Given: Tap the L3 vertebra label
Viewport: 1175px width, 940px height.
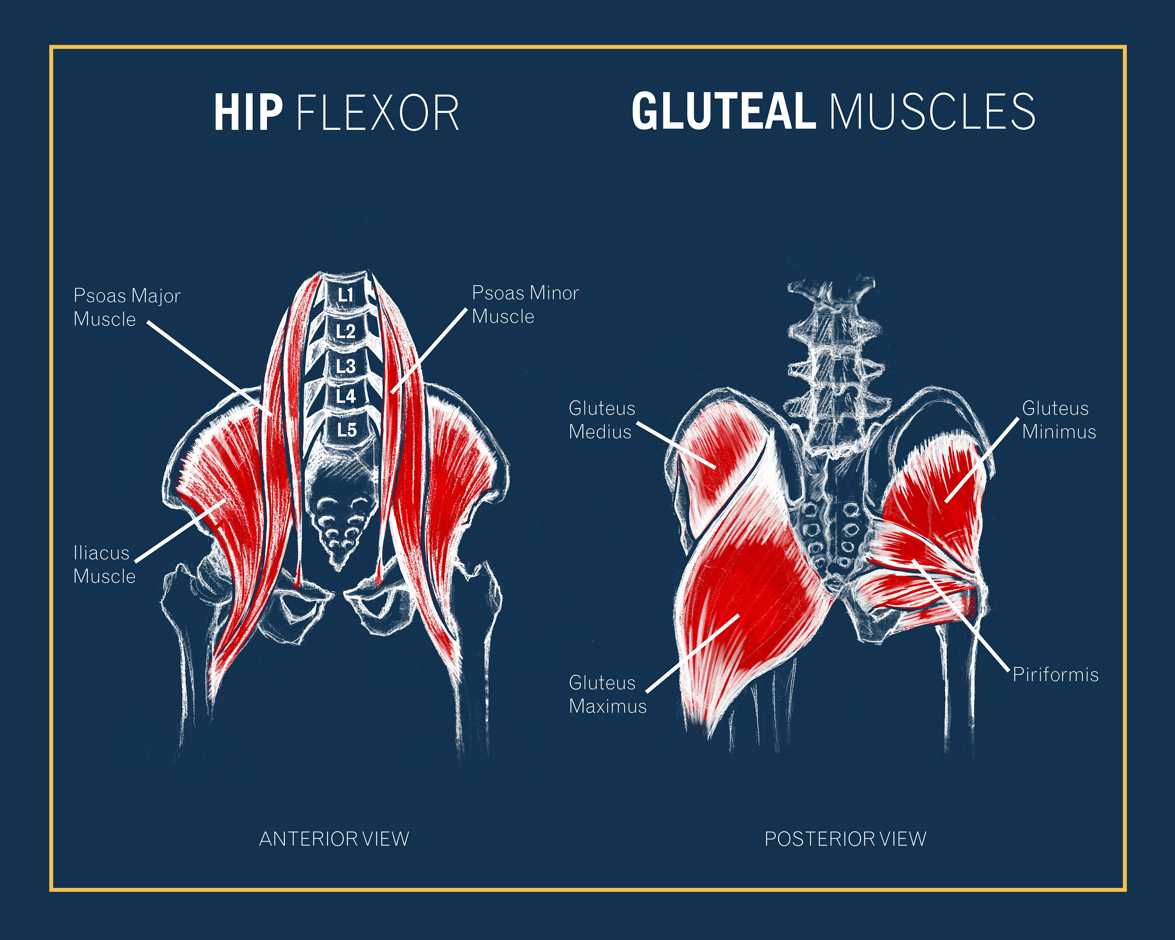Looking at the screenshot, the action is click(x=345, y=366).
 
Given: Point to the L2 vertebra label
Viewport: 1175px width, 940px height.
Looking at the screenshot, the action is click(x=345, y=331).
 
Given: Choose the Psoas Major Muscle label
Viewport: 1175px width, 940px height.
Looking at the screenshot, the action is click(x=126, y=307).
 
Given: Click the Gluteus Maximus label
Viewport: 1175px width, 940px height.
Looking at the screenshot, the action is click(x=607, y=694).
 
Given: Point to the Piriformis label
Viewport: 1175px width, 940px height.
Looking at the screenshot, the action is click(x=1055, y=675).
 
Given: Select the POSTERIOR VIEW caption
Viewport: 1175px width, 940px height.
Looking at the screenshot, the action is click(x=845, y=839).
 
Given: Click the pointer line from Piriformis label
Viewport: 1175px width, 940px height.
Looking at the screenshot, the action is click(x=962, y=616).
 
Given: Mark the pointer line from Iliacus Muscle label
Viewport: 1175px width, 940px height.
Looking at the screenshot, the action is click(x=180, y=531).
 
